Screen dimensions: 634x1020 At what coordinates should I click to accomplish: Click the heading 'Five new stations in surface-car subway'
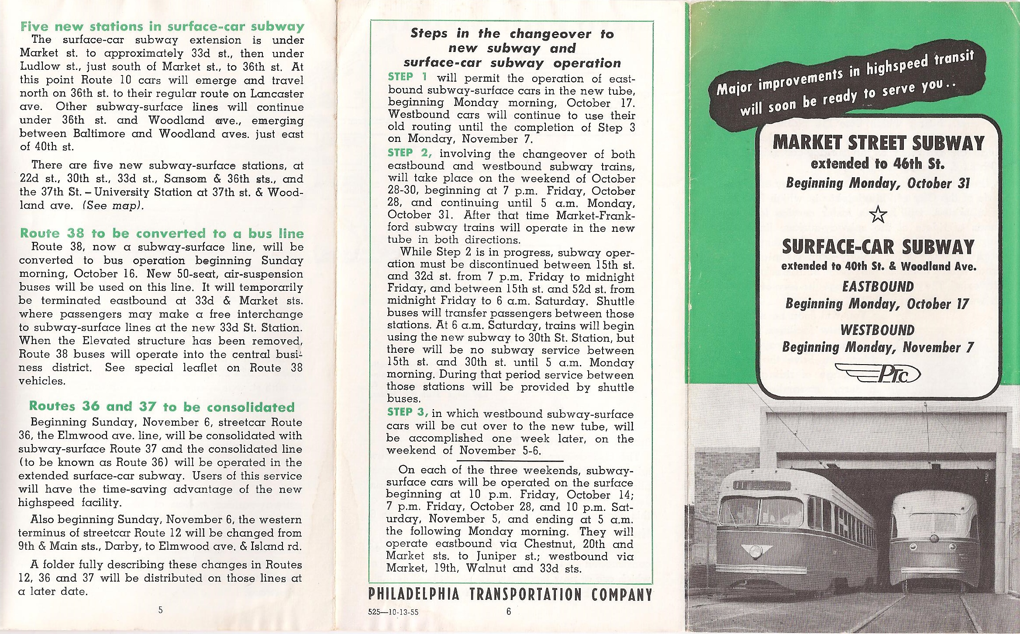pos(162,26)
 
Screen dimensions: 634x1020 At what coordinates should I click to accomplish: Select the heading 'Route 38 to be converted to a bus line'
pos(162,233)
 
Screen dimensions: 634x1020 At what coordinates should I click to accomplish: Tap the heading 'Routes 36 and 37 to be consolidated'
pos(162,407)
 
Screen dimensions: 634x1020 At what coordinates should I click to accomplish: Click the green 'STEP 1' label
pos(407,77)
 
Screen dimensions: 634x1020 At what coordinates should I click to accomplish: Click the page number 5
pos(161,610)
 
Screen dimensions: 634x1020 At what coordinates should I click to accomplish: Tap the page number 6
pos(508,611)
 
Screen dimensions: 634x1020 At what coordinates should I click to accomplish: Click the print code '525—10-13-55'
pos(393,612)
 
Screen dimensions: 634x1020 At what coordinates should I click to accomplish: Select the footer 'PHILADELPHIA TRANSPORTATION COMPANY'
pos(510,595)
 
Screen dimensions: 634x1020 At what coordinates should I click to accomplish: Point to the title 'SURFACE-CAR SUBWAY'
pos(878,247)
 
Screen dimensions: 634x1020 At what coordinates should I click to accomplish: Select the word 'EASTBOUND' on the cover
pos(878,287)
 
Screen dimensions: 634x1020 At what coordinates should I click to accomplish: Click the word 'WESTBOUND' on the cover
pos(878,330)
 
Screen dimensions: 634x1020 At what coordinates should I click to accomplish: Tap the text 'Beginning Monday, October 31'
pos(878,183)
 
